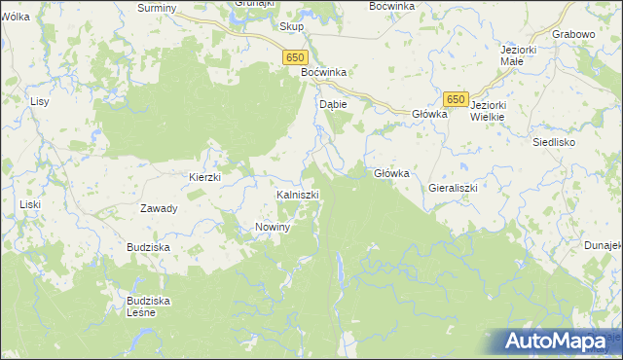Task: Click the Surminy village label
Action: [157, 8]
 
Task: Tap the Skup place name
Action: [292, 27]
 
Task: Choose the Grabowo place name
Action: [572, 34]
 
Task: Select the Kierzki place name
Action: [205, 177]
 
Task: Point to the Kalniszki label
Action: [298, 195]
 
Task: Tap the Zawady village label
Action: [159, 208]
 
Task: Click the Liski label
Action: [30, 204]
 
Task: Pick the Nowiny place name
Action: [274, 227]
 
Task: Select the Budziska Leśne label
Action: [149, 306]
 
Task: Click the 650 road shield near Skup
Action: [297, 58]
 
